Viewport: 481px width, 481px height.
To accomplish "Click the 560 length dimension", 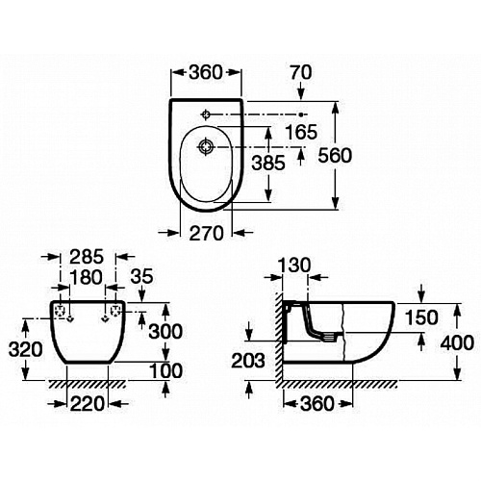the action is point(335,156).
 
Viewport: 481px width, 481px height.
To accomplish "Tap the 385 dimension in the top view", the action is point(268,163).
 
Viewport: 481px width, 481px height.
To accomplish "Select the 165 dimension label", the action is point(301,132).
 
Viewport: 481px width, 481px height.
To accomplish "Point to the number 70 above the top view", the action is point(301,72).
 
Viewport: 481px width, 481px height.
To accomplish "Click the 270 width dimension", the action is point(206,233).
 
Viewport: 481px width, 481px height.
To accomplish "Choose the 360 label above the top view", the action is point(206,72).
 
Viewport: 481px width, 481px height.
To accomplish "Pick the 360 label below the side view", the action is point(317,403).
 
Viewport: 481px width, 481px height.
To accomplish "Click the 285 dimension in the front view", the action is point(87,257).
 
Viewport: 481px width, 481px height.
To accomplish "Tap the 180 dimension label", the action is point(87,277).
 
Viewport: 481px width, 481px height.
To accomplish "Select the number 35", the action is point(141,276).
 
